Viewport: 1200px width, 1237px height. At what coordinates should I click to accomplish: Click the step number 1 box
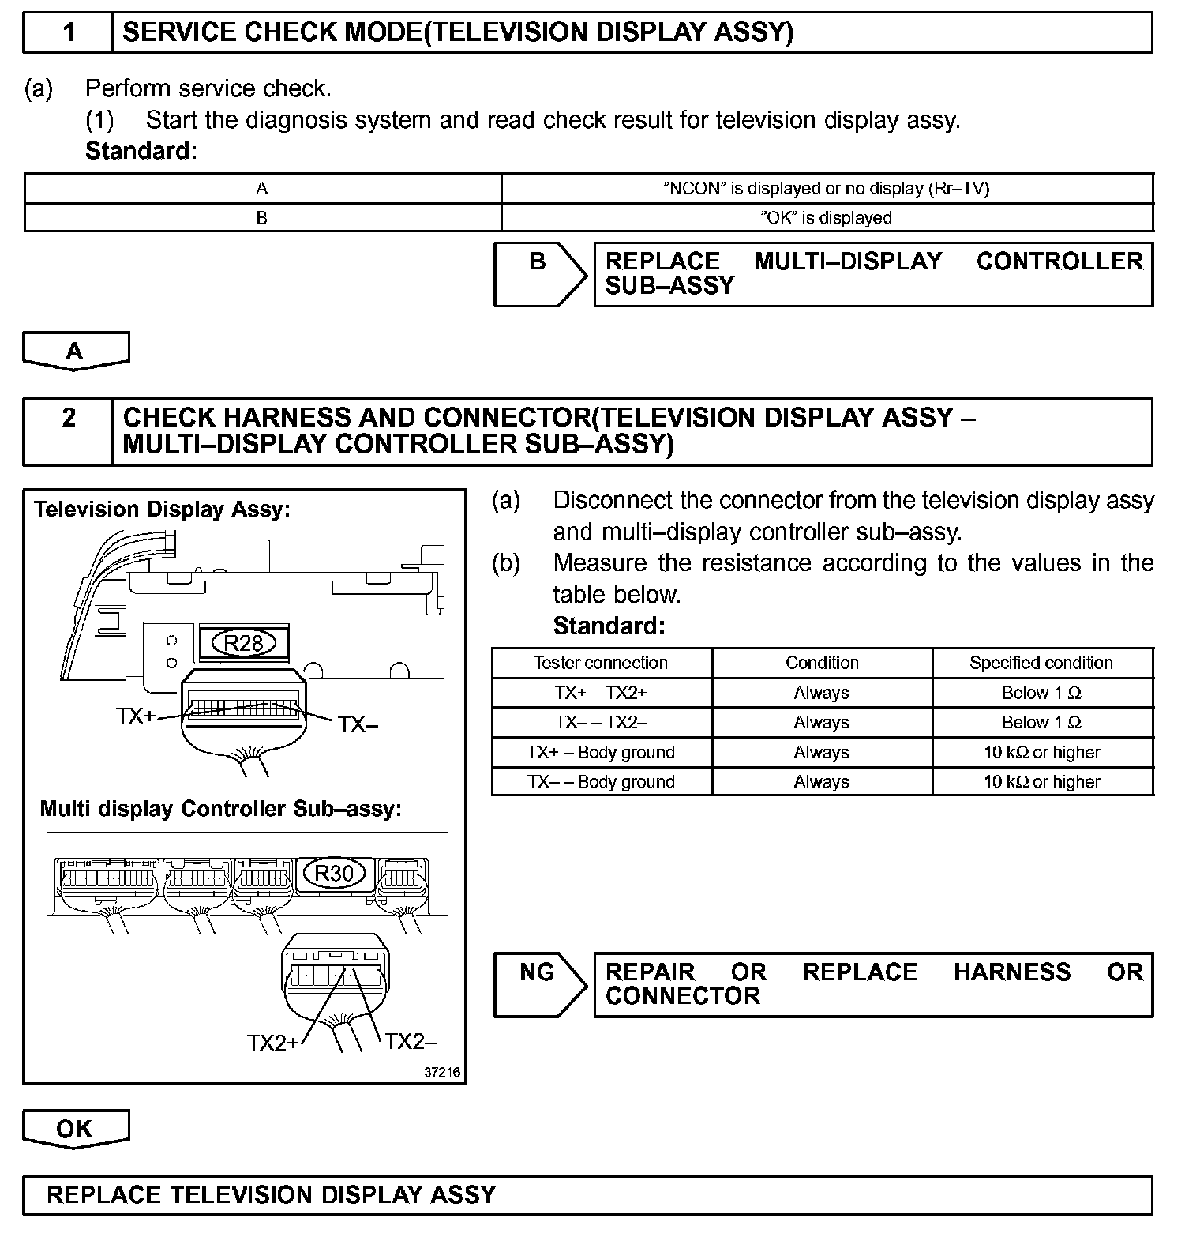point(69,32)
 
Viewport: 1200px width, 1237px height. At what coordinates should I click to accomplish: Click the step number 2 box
point(69,431)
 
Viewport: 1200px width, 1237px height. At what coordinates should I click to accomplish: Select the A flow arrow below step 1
point(75,351)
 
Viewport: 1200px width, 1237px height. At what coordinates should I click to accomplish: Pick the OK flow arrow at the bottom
point(75,1129)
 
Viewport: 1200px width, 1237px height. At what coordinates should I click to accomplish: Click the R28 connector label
point(243,643)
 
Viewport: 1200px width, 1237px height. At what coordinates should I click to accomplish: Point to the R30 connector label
point(334,873)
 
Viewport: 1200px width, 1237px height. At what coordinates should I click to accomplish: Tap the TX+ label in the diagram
point(136,716)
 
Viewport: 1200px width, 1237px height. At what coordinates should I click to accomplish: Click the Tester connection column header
point(601,663)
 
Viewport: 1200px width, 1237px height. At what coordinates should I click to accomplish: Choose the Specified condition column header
point(1041,663)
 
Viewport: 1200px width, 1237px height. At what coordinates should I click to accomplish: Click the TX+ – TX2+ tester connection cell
point(601,693)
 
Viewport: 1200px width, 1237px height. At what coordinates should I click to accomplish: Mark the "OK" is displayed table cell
point(826,218)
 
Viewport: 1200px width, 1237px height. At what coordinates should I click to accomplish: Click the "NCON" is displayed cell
point(826,188)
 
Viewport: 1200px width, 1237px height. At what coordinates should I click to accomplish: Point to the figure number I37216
point(441,1072)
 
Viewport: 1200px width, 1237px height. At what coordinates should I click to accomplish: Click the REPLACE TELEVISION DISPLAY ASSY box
point(587,1195)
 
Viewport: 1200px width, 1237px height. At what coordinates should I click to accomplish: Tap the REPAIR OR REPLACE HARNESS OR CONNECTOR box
point(873,983)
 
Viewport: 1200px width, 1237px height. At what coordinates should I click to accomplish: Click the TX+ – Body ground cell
point(601,752)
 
